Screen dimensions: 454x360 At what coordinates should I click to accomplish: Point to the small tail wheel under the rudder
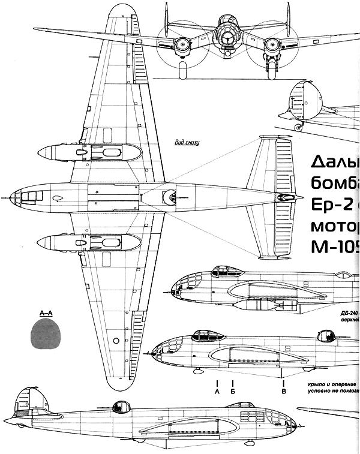tap(300, 127)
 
